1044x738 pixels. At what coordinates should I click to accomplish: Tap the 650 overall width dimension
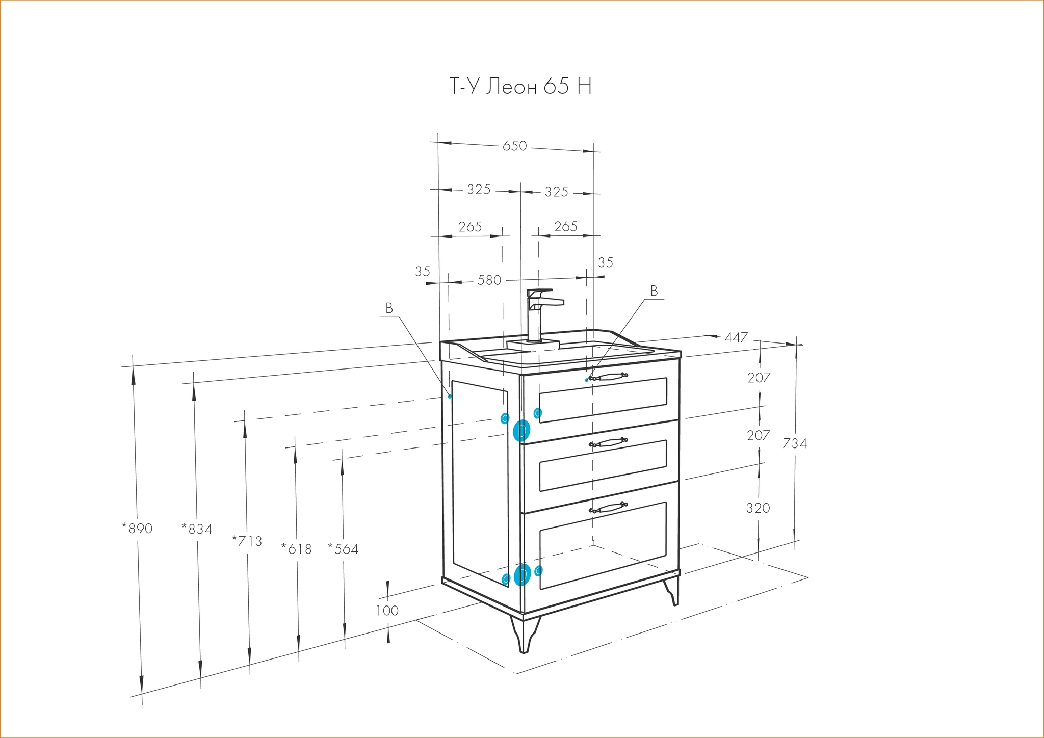[x=514, y=146]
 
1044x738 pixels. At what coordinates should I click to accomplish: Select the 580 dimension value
[x=489, y=280]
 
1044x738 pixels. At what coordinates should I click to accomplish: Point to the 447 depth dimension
[x=736, y=337]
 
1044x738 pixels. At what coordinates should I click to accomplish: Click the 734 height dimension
[x=795, y=443]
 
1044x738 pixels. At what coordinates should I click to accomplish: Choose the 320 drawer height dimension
[x=758, y=508]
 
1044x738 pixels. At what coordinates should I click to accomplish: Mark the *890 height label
[x=137, y=528]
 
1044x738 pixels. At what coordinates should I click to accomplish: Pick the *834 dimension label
[x=197, y=529]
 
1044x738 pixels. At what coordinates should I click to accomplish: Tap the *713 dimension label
[x=247, y=541]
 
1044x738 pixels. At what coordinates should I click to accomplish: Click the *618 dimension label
[x=296, y=549]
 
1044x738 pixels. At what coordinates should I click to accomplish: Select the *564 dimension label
[x=343, y=549]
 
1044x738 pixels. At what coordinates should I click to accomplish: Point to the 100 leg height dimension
[x=387, y=610]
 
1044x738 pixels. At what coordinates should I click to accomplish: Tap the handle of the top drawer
[x=608, y=377]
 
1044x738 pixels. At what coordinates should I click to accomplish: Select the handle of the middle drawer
[x=608, y=442]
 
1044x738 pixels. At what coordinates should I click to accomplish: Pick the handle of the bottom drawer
[x=608, y=508]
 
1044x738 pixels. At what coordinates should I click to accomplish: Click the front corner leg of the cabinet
[x=525, y=634]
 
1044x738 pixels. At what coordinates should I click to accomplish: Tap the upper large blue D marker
[x=521, y=431]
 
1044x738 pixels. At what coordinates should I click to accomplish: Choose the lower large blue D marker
[x=522, y=575]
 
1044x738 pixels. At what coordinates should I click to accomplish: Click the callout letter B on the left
[x=389, y=308]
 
